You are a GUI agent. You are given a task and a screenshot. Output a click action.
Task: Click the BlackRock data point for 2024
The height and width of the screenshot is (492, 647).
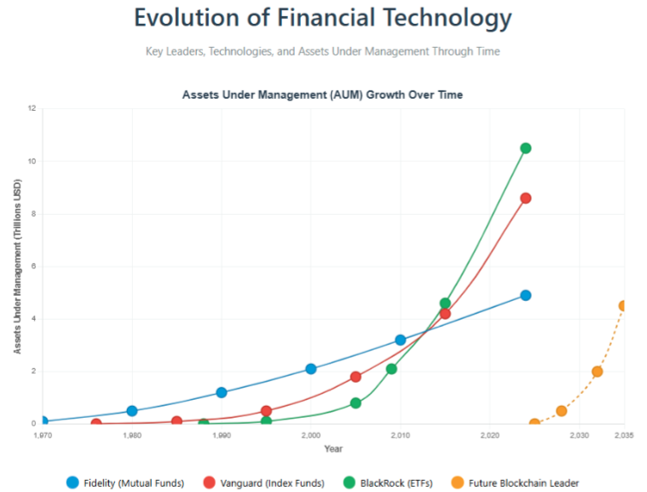[x=526, y=148]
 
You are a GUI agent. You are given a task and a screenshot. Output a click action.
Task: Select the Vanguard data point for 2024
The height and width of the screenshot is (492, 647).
[x=526, y=198]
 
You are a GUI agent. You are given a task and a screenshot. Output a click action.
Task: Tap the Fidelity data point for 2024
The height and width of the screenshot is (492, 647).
[x=526, y=295]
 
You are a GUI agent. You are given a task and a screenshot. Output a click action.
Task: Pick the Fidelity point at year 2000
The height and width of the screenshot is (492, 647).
[x=311, y=369]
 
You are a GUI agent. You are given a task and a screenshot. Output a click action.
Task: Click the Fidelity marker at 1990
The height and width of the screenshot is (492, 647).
[x=222, y=393]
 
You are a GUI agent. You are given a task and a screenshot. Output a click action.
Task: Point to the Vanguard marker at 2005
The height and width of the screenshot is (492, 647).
[x=355, y=377]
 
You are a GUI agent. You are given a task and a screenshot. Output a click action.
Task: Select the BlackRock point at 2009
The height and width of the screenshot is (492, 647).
[x=391, y=369]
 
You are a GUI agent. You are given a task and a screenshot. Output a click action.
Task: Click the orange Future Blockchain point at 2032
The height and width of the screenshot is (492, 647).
[x=598, y=372]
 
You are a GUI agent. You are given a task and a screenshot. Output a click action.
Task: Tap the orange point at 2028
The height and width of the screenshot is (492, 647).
[x=562, y=411]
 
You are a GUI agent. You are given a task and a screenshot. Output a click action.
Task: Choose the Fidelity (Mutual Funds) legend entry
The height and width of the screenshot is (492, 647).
[x=126, y=483]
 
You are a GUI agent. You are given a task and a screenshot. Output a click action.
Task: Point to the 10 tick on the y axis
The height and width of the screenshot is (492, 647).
[x=32, y=161]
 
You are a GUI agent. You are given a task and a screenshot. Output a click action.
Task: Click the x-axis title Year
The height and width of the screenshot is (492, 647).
[x=333, y=449]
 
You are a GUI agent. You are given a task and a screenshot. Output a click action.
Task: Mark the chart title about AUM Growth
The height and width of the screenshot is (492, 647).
[x=322, y=95]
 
